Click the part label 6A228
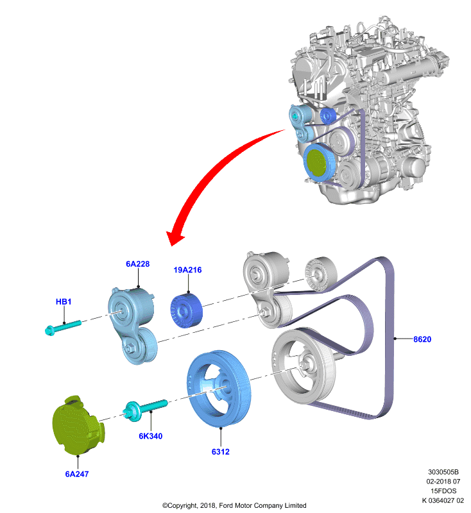pyautogui.click(x=138, y=264)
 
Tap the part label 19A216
pyautogui.click(x=187, y=270)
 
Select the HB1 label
pyautogui.click(x=64, y=301)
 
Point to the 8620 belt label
pyautogui.click(x=422, y=339)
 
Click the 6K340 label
pyautogui.click(x=151, y=436)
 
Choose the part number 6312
pyautogui.click(x=221, y=452)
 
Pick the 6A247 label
pyautogui.click(x=77, y=474)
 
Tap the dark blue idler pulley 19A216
pyautogui.click(x=186, y=310)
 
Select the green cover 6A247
pyautogui.click(x=78, y=426)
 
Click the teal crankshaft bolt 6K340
pyautogui.click(x=145, y=410)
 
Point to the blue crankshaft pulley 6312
pyautogui.click(x=219, y=389)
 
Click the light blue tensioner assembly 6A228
pyautogui.click(x=133, y=324)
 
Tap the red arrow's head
pyautogui.click(x=175, y=238)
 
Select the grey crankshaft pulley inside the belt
pyautogui.click(x=304, y=366)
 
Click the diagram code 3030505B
pyautogui.click(x=443, y=472)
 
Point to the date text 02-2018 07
pyautogui.click(x=443, y=482)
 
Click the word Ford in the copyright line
pyautogui.click(x=226, y=505)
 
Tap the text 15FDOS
pyautogui.click(x=443, y=491)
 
